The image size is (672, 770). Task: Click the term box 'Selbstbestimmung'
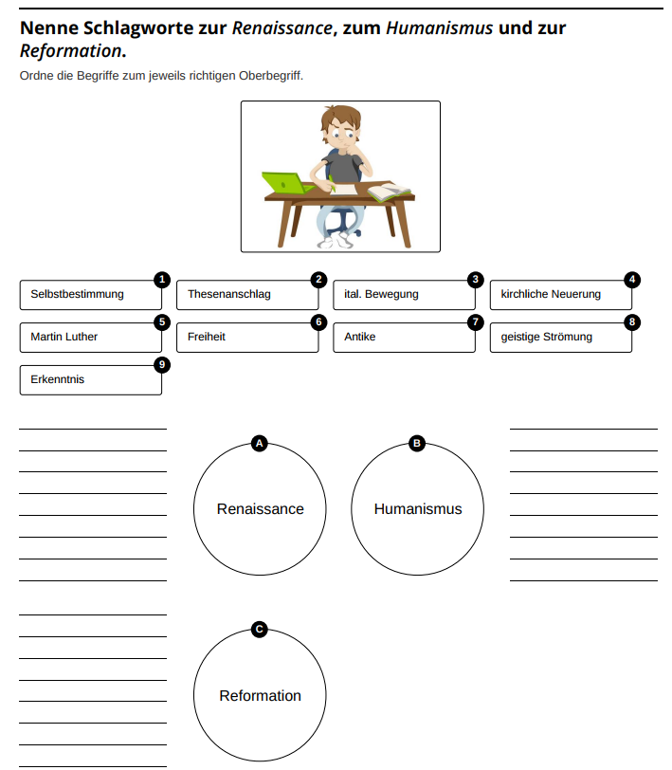click(90, 295)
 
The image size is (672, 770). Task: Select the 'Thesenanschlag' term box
click(247, 295)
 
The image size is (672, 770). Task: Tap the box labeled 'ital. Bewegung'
click(404, 295)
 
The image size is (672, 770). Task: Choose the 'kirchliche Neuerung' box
click(560, 295)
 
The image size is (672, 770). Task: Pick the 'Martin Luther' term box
click(90, 338)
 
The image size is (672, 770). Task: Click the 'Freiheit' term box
click(247, 338)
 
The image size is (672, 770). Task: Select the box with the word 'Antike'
click(404, 338)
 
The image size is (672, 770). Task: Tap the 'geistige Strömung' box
click(560, 338)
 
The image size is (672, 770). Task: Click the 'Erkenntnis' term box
click(90, 380)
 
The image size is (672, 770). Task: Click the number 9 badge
click(162, 365)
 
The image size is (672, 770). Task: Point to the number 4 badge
click(632, 280)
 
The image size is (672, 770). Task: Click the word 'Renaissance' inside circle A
click(260, 509)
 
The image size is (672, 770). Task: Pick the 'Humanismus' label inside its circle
click(417, 509)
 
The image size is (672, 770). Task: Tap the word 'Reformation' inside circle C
click(260, 696)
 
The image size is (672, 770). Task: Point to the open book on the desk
click(390, 192)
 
